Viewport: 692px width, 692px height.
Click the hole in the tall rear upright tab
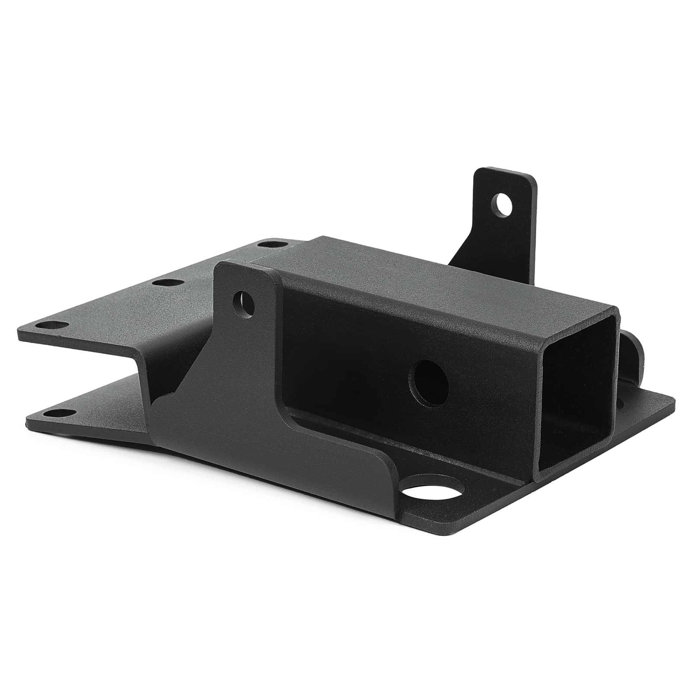coord(503,205)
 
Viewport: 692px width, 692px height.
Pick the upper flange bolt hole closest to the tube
coord(268,244)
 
